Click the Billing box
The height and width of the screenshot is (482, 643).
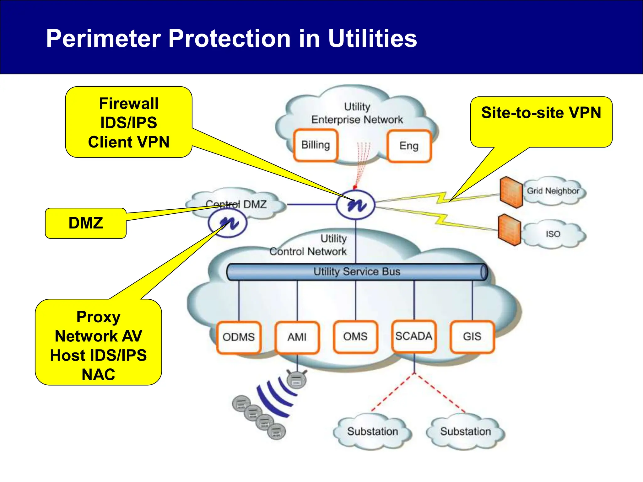pyautogui.click(x=316, y=145)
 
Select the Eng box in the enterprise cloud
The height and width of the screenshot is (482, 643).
pyautogui.click(x=409, y=146)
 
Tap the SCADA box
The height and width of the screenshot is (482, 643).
pyautogui.click(x=413, y=336)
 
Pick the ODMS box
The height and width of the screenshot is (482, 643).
pyautogui.click(x=239, y=337)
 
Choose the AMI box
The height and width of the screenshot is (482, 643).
pyautogui.click(x=297, y=337)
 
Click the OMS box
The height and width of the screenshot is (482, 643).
pyautogui.click(x=355, y=336)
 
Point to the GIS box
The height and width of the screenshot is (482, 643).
pyautogui.click(x=472, y=336)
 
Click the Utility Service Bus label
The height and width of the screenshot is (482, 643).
pyautogui.click(x=357, y=271)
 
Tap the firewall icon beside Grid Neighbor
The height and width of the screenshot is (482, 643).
pyautogui.click(x=511, y=192)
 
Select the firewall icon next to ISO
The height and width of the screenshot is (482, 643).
pyautogui.click(x=509, y=230)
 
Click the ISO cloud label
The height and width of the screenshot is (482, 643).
pyautogui.click(x=553, y=234)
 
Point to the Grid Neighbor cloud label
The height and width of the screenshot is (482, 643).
pyautogui.click(x=553, y=191)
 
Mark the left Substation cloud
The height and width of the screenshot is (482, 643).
pyautogui.click(x=372, y=431)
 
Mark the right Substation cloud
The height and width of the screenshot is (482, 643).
pyautogui.click(x=465, y=431)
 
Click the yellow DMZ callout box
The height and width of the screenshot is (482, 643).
pyautogui.click(x=86, y=223)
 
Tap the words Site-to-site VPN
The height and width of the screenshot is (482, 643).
pyautogui.click(x=541, y=113)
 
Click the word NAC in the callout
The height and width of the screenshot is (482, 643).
pyautogui.click(x=98, y=374)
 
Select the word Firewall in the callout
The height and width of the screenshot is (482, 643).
pyautogui.click(x=129, y=104)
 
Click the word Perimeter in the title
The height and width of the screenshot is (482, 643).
pyautogui.click(x=103, y=38)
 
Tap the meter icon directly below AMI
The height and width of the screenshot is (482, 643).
pyautogui.click(x=297, y=379)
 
